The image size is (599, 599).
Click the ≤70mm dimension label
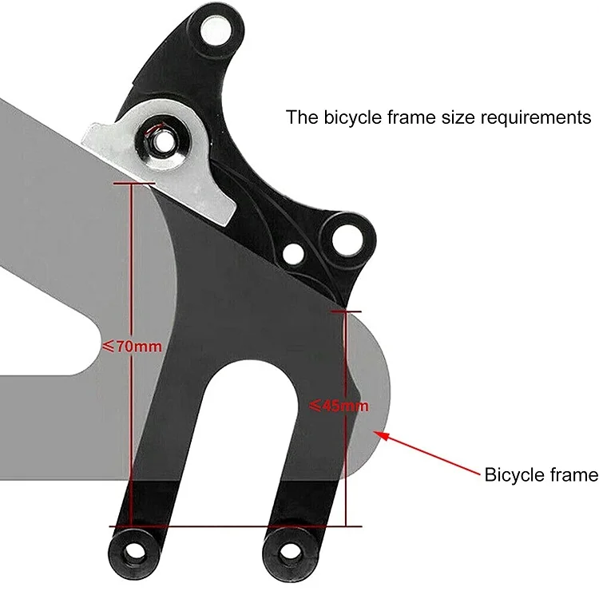[133, 347]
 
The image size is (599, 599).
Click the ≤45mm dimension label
[339, 406]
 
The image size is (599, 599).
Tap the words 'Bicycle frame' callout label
[541, 475]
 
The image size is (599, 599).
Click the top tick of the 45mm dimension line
[345, 311]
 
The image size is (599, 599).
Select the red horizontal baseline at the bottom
[240, 526]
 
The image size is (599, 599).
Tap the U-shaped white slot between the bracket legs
[244, 431]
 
